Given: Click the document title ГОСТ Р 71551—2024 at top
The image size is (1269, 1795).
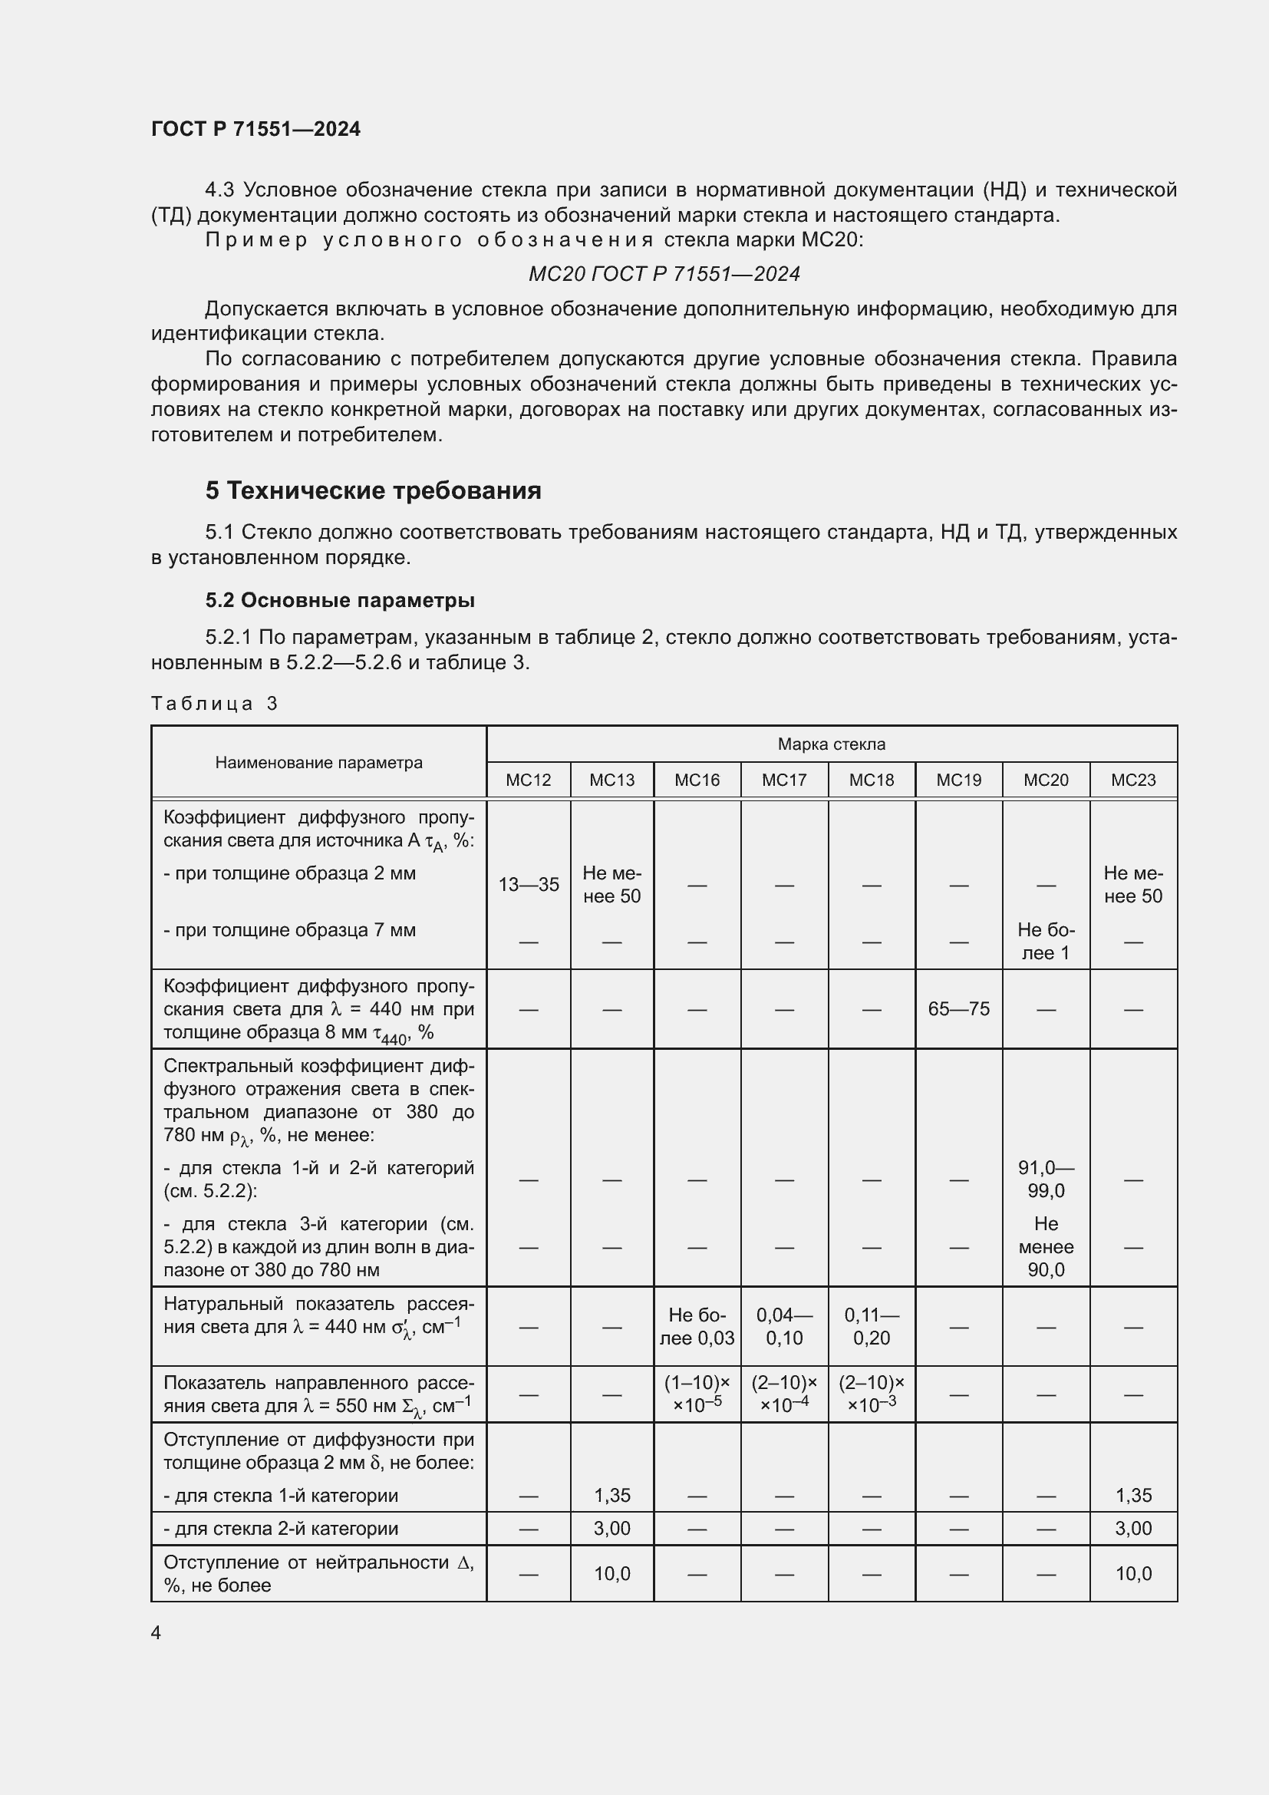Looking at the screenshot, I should click(x=255, y=129).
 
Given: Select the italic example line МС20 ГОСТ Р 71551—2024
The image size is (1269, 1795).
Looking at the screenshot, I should click(x=664, y=274).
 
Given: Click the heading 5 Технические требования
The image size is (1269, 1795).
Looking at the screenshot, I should click(x=373, y=490).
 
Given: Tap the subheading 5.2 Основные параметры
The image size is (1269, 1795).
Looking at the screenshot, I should click(x=340, y=600).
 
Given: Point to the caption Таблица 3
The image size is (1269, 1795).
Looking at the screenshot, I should click(x=214, y=704).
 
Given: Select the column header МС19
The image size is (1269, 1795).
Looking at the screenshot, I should click(x=958, y=780).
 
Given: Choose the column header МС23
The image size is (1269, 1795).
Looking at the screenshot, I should click(x=1133, y=780).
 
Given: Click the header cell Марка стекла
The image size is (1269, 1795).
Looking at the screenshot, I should click(x=831, y=744).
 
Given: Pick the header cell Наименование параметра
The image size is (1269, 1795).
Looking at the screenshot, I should click(x=318, y=762).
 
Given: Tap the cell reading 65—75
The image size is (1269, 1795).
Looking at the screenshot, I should click(x=958, y=1009).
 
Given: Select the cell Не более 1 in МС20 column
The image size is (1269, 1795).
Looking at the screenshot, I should click(x=1046, y=942).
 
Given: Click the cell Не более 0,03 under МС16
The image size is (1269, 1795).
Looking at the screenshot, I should click(x=696, y=1327).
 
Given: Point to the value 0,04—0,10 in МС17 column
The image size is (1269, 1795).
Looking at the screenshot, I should click(x=784, y=1327).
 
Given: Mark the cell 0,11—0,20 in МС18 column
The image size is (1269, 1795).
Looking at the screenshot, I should click(x=872, y=1327).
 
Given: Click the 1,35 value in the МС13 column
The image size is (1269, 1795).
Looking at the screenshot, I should click(x=611, y=1496).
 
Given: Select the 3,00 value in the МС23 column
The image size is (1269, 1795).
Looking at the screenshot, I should click(x=1133, y=1529).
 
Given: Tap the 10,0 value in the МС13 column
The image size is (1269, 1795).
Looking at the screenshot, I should click(x=611, y=1574).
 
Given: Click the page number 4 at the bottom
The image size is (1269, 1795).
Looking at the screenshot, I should click(x=156, y=1633).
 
